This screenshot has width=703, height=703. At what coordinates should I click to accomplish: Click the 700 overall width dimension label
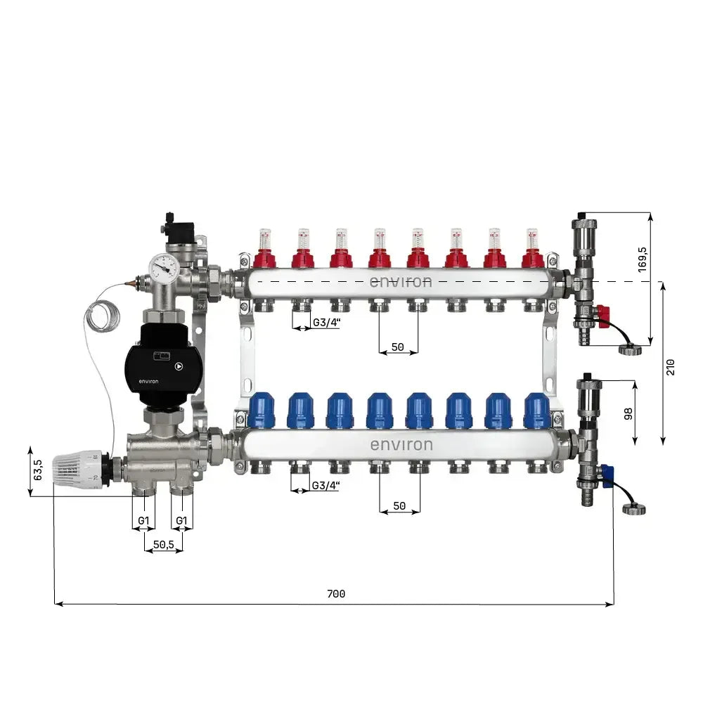click(x=336, y=594)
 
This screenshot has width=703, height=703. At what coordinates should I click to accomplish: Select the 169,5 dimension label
click(x=641, y=259)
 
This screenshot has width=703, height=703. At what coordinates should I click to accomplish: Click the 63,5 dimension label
click(x=38, y=470)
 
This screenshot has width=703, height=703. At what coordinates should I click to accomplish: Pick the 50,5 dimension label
click(x=163, y=544)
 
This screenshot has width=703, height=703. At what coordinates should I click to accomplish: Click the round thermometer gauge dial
click(x=163, y=267)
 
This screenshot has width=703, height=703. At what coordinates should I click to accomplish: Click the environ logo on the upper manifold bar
click(x=401, y=282)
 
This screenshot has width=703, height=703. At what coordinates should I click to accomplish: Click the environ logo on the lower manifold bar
click(x=401, y=445)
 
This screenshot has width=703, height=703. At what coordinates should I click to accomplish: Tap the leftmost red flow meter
click(x=264, y=250)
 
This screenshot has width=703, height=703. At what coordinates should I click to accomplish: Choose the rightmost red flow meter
click(x=533, y=250)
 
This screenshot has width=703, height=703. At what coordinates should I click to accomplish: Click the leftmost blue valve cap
click(x=262, y=411)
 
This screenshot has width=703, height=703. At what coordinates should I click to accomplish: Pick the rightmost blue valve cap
click(x=537, y=411)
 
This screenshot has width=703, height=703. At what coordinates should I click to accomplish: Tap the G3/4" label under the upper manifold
click(x=326, y=323)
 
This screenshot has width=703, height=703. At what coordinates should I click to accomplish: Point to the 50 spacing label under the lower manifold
click(x=399, y=505)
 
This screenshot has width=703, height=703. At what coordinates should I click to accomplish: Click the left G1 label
click(x=144, y=521)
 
